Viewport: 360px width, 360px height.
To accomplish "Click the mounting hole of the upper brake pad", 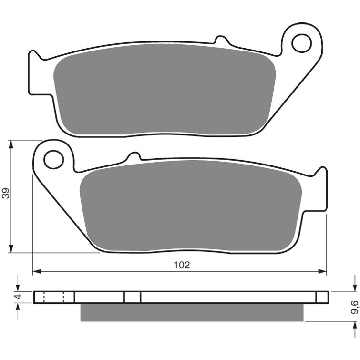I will (x=301, y=43).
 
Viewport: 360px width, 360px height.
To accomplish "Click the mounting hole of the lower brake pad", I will (x=53, y=160).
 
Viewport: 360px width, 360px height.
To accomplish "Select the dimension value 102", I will (x=182, y=265).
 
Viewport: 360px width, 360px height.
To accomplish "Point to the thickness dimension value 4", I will (x=18, y=297).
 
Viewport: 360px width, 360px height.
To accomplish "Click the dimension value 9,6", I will (x=355, y=305).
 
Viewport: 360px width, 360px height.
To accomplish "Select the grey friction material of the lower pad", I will (x=191, y=205).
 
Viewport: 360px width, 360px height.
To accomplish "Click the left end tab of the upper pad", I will (x=35, y=67).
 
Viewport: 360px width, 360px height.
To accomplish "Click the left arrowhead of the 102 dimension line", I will (x=36, y=272).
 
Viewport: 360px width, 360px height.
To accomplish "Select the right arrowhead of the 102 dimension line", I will (x=324, y=272).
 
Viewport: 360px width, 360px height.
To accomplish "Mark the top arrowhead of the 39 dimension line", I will (x=10, y=143).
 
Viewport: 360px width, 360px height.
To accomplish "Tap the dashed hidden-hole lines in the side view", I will (x=53, y=297).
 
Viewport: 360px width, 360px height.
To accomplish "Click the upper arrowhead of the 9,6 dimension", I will (x=355, y=288).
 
